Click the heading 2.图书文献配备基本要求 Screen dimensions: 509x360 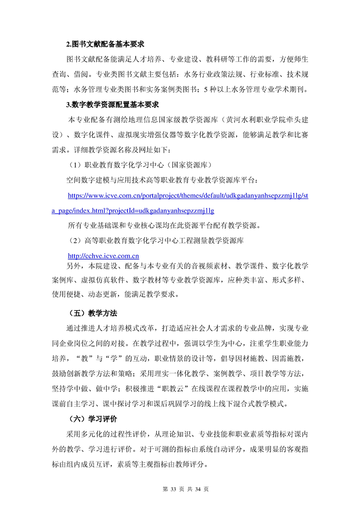click(x=105, y=44)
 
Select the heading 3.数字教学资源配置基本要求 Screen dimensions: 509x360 click(x=112, y=105)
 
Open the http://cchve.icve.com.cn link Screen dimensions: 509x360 click(x=103, y=256)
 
